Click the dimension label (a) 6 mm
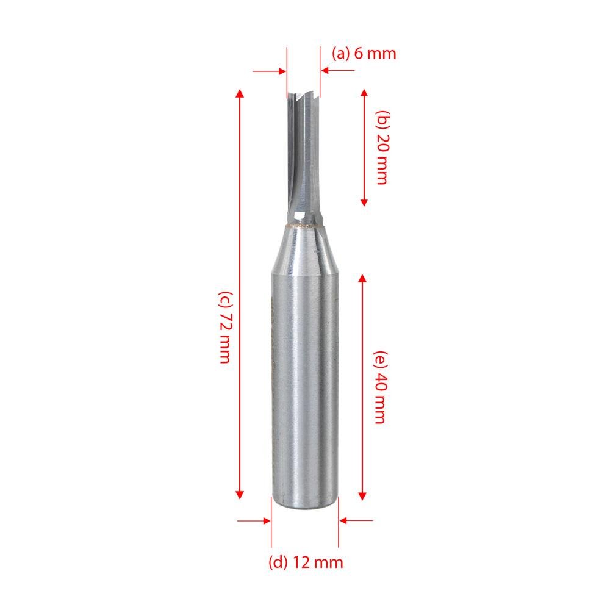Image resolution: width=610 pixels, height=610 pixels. point(364,53)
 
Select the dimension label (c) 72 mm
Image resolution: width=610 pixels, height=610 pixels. point(224,326)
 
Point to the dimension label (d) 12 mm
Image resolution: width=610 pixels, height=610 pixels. point(306,562)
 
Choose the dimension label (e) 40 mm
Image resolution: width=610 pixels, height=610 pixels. point(379,387)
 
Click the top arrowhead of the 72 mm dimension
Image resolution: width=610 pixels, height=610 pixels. point(240,93)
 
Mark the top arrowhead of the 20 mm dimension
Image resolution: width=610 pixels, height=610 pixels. point(364,93)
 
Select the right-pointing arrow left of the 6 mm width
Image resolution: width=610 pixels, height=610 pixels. point(281,71)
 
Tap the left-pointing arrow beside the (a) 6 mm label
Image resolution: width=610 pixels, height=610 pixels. point(325,71)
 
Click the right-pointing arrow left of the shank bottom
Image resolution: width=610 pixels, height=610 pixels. point(265,520)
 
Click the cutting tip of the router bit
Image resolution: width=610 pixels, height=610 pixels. point(303,96)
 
